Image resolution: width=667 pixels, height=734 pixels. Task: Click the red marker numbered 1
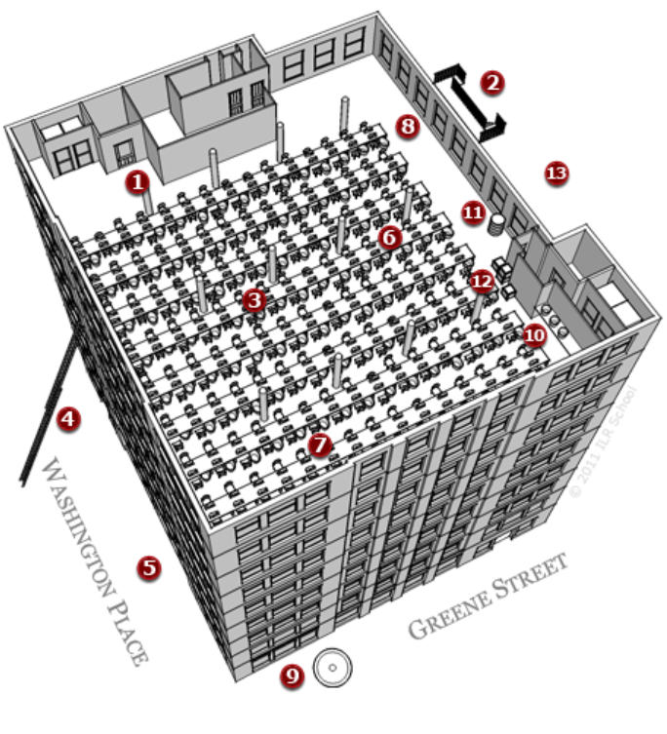(x=138, y=181)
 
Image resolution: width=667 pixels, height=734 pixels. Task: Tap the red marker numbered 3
(x=255, y=299)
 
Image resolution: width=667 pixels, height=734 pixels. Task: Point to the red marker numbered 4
(x=68, y=418)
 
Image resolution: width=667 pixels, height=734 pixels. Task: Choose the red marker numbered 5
(x=148, y=566)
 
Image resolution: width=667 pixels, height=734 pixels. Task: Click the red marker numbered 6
(x=390, y=236)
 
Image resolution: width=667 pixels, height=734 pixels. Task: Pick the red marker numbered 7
(x=319, y=445)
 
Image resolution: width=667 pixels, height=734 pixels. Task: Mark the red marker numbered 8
(x=408, y=126)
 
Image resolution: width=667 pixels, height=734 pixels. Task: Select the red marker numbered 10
(x=533, y=334)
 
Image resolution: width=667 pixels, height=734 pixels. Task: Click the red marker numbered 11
(x=472, y=212)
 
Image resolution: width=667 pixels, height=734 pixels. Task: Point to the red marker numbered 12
(x=482, y=281)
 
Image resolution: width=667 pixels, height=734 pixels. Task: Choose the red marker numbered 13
(x=556, y=174)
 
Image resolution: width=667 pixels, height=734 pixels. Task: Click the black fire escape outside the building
(x=470, y=98)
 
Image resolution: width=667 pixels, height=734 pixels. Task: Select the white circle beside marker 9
(x=332, y=670)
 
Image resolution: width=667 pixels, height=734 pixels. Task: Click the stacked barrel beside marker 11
(x=496, y=224)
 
